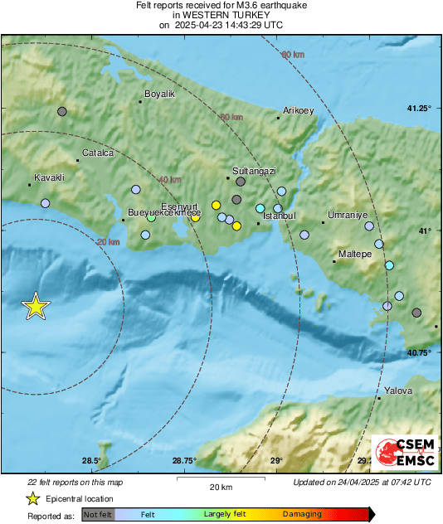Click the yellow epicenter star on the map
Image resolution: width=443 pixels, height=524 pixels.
click(36, 307)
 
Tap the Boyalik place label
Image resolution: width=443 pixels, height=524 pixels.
click(160, 95)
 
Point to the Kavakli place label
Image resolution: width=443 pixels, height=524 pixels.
click(49, 177)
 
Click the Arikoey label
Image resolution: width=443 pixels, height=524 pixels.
click(299, 110)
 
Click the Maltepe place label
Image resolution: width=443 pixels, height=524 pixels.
click(355, 254)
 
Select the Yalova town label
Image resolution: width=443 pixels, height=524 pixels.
click(397, 391)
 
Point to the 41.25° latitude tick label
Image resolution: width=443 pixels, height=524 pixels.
click(420, 109)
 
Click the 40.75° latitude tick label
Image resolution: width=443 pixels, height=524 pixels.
click(420, 353)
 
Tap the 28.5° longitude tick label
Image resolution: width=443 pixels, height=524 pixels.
click(91, 461)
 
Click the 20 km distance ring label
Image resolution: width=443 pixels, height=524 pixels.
click(108, 241)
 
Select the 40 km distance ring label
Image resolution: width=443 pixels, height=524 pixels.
click(169, 180)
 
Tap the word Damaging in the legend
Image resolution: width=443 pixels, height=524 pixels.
click(302, 514)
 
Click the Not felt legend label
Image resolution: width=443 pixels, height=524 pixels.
click(98, 514)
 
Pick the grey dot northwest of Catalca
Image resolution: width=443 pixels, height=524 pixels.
click(61, 111)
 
